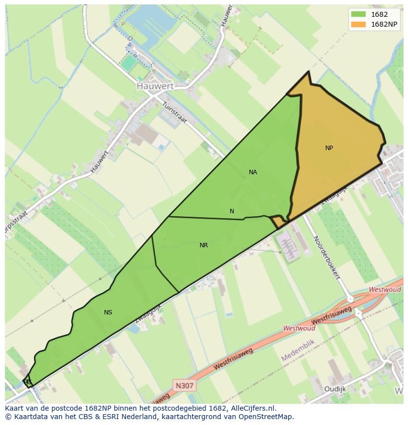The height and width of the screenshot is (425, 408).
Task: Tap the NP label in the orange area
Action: (x=329, y=148)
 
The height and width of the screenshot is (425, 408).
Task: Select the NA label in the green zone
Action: (x=253, y=172)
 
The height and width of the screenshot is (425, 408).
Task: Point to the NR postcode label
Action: (x=204, y=245)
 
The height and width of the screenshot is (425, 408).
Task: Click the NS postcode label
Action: (x=108, y=312)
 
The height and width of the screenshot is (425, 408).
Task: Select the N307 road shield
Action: (x=185, y=385)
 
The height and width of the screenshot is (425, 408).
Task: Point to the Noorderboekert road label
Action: (x=327, y=257)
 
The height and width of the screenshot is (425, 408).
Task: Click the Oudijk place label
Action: (x=335, y=389)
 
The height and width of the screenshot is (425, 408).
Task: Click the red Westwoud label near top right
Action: (x=384, y=290)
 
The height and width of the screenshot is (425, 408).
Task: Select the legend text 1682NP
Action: (x=384, y=25)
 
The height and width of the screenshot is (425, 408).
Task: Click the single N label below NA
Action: (x=232, y=211)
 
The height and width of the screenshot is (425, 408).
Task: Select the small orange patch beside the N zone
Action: (x=279, y=223)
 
